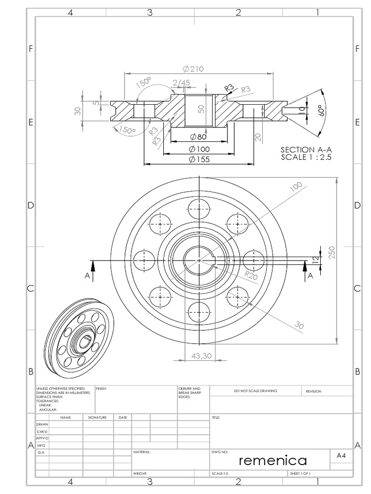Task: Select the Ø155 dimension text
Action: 199,160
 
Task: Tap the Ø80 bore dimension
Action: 198,137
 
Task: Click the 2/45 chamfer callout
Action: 181,83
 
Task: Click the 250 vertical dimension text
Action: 332,253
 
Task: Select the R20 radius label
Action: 251,275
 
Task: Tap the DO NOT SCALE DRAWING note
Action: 256,391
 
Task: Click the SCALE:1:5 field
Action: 220,474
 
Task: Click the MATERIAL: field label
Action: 142,453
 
